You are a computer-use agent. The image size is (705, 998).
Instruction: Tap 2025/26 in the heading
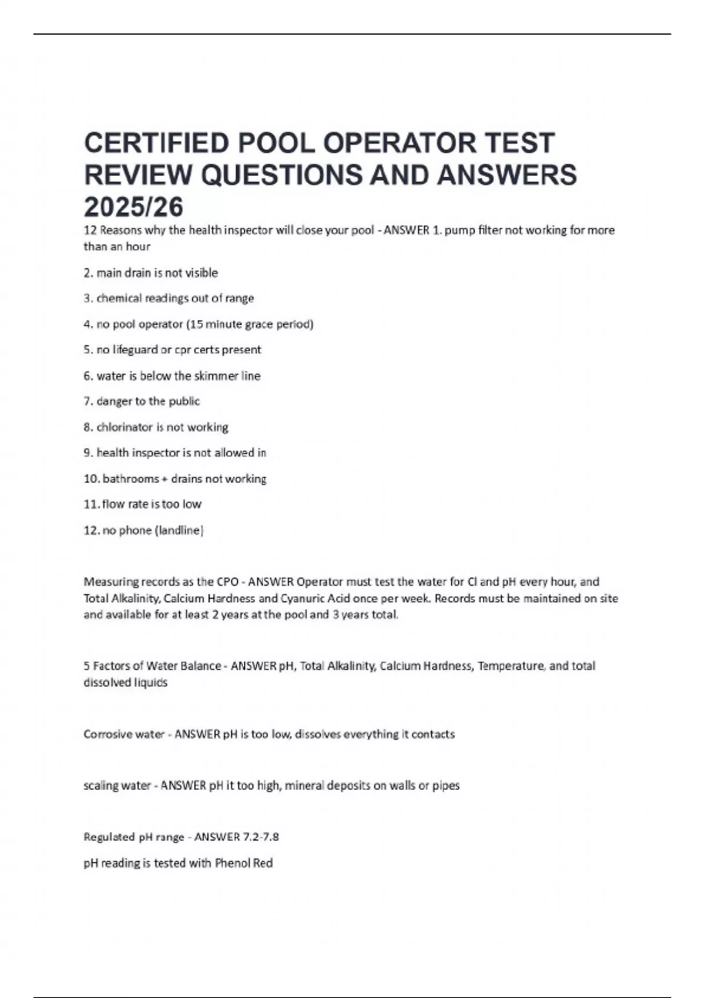click(134, 207)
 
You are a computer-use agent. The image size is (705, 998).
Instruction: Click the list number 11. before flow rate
click(92, 504)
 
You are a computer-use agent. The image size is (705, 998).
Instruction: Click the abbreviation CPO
click(228, 582)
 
